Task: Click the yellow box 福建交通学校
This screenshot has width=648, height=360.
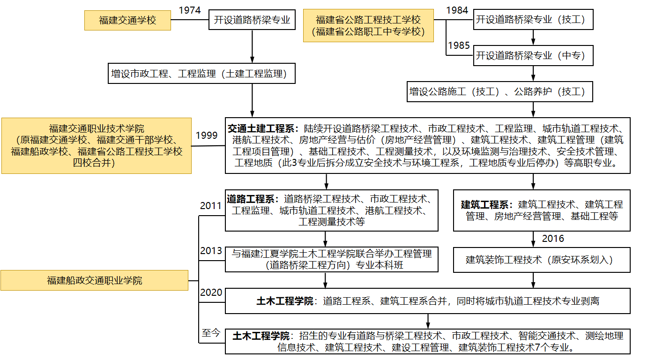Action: [x=127, y=21]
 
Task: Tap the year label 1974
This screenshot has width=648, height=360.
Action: [x=190, y=10]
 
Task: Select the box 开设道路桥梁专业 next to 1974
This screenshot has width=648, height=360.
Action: [x=252, y=20]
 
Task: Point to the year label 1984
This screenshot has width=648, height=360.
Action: [x=457, y=10]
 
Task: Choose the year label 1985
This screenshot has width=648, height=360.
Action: [x=459, y=45]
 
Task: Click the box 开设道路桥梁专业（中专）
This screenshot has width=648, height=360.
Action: [x=533, y=55]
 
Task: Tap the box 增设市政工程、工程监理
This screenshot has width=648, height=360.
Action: [x=201, y=74]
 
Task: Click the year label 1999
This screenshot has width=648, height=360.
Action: [x=207, y=135]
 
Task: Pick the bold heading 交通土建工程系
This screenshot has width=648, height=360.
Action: [x=261, y=128]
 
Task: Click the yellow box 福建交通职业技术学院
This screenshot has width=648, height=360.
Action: [x=97, y=145]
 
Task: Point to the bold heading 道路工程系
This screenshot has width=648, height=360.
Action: [x=253, y=199]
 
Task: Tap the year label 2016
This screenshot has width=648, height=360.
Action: [x=553, y=239]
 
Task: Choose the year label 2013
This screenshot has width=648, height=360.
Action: [x=211, y=251]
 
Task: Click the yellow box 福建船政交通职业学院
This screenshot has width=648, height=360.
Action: [x=94, y=280]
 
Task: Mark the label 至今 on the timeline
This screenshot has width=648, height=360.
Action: [x=210, y=333]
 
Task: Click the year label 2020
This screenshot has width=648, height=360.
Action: [x=211, y=293]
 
